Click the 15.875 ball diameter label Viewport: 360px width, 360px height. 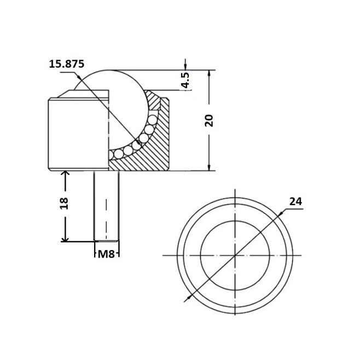[x=67, y=64]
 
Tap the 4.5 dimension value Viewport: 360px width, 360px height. [x=185, y=80]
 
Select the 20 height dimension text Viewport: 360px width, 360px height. [x=209, y=120]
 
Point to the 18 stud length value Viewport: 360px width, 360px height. [x=64, y=203]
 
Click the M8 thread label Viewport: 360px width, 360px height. [x=106, y=254]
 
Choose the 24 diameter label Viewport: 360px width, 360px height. [x=295, y=201]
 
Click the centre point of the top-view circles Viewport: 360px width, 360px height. [x=235, y=256]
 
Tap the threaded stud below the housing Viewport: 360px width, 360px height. [x=106, y=206]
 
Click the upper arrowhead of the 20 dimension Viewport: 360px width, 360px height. [x=209, y=73]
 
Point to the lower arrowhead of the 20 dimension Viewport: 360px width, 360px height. [x=209, y=167]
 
